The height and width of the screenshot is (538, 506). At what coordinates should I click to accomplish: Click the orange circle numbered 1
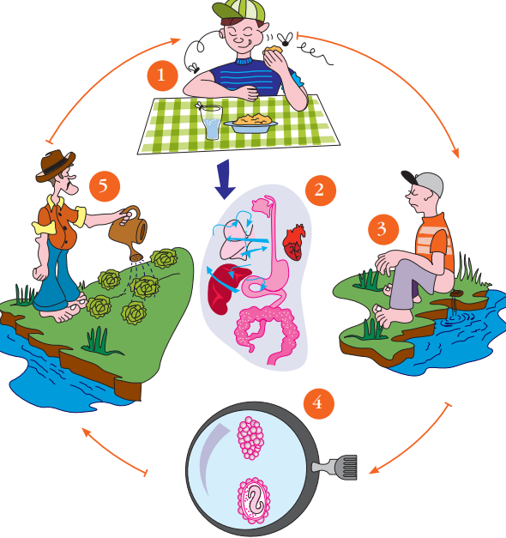(x=163, y=76)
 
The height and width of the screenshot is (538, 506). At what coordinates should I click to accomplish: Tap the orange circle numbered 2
(x=321, y=190)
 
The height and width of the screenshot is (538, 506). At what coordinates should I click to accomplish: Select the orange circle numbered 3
(x=383, y=229)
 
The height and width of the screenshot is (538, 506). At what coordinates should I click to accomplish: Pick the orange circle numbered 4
(x=319, y=403)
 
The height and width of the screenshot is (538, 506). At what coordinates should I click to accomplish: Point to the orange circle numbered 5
(x=105, y=187)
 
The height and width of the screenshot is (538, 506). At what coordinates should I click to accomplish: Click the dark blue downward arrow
(x=225, y=179)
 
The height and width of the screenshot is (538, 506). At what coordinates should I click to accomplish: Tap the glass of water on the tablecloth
(x=211, y=122)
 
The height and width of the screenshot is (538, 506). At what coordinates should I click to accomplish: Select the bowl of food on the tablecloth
(x=250, y=124)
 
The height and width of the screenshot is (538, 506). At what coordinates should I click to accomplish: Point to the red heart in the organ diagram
(x=294, y=242)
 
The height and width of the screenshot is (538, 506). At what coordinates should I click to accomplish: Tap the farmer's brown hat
(x=55, y=166)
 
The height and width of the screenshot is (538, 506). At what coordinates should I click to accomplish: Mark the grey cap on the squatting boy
(x=424, y=182)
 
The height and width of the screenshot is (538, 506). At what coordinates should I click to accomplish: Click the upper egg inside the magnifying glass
(x=250, y=438)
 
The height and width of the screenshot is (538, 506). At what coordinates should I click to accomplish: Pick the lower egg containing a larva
(x=254, y=500)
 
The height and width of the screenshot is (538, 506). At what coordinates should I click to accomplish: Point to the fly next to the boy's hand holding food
(x=285, y=39)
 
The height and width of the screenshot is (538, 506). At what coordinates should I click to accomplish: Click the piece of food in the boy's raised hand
(x=273, y=50)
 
